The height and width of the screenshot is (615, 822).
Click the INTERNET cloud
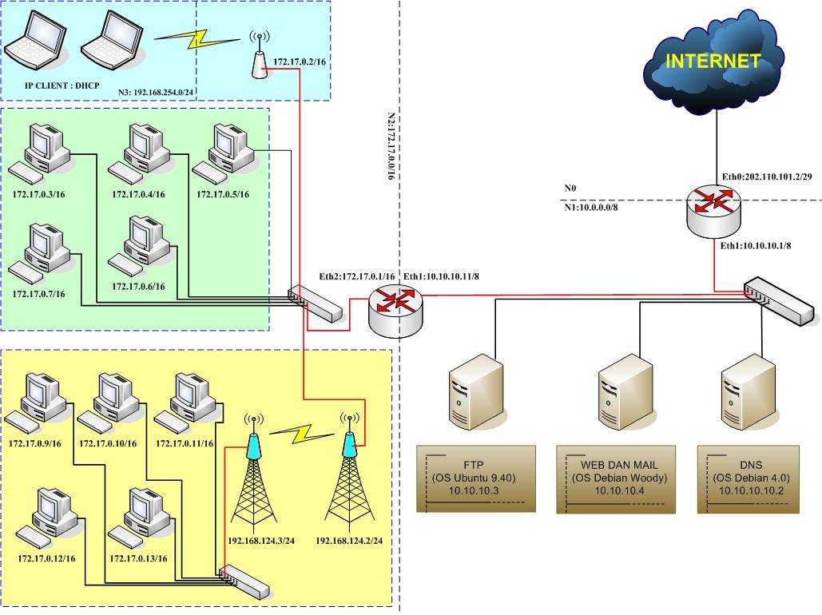pos(713,61)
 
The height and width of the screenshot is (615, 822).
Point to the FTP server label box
pos(475,480)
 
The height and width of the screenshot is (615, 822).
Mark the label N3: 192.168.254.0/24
pos(157,92)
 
